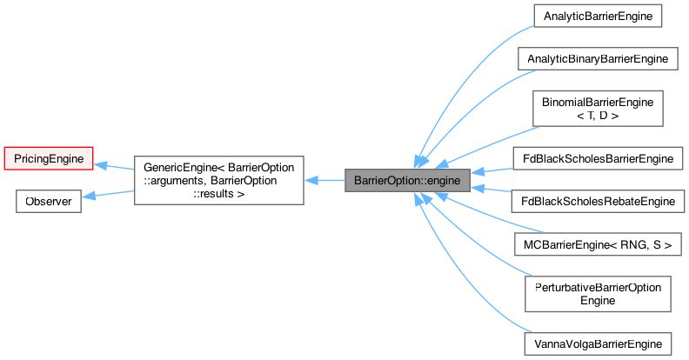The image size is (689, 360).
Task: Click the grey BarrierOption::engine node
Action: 407,181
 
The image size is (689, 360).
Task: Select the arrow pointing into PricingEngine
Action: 113,166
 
